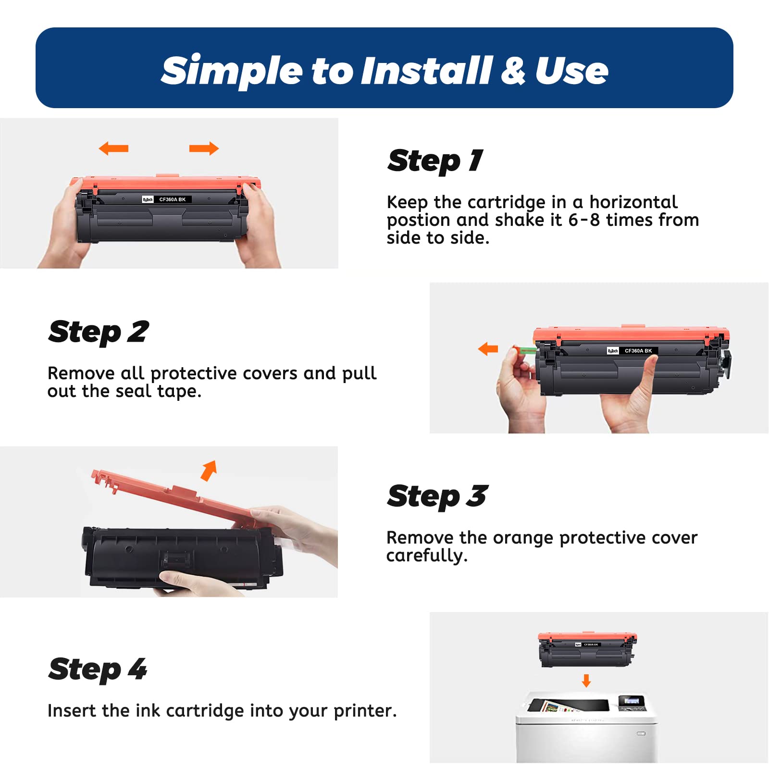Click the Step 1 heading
pos(435,161)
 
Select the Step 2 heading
pos(98,332)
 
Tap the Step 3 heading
pos(437,496)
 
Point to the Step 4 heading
pos(98,670)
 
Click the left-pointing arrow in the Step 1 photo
pos(113,149)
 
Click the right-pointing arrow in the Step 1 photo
pos(204,149)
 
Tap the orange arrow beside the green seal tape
pos(488,349)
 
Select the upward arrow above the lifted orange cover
pos(209,471)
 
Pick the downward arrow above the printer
pos(586,681)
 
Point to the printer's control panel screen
pos(631,701)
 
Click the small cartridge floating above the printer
pos(587,650)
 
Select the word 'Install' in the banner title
pos(427,71)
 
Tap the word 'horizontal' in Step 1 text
pos(633,202)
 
